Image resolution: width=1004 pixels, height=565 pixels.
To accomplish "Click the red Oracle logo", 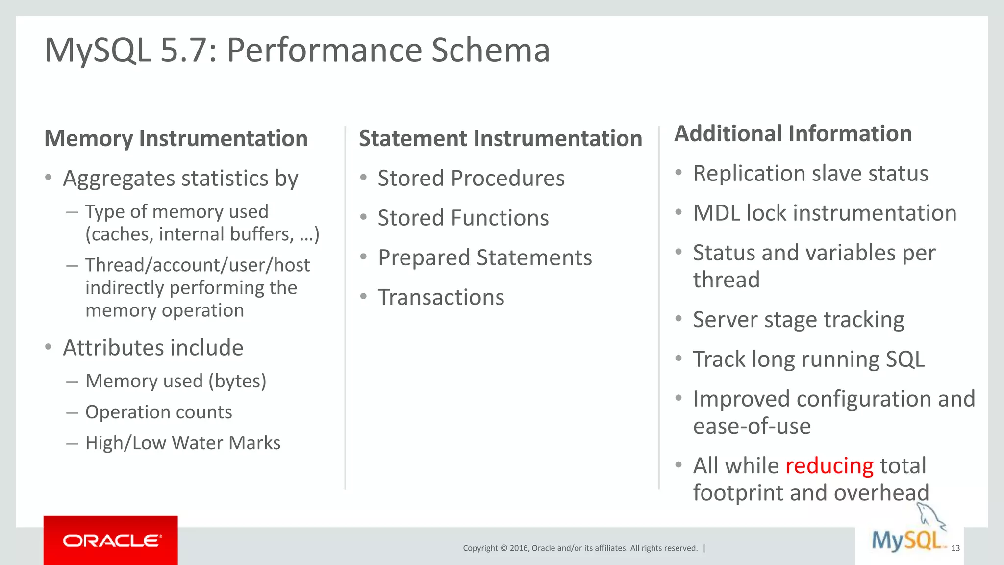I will (111, 540).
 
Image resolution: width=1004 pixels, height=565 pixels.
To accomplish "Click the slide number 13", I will (955, 548).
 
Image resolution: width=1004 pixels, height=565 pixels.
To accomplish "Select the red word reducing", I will (829, 466).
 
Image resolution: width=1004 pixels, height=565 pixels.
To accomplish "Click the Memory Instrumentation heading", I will (176, 139).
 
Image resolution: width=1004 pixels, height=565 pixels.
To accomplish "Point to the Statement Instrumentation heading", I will (500, 139).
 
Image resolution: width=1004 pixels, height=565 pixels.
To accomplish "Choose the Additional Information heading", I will (793, 134).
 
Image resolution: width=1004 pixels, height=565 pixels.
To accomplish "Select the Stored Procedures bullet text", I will (471, 178).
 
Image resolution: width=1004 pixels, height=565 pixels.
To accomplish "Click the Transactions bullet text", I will (441, 297).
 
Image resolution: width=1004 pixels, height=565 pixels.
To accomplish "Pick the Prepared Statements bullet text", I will (485, 257).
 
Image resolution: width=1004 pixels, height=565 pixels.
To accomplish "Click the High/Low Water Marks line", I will (182, 443).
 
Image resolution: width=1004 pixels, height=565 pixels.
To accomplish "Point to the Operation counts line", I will (158, 412).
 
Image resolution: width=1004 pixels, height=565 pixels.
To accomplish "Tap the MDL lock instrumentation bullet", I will (825, 213).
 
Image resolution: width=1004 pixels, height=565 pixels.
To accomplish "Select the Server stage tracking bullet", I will (798, 320).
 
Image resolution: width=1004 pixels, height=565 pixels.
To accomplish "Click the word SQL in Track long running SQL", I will (905, 360).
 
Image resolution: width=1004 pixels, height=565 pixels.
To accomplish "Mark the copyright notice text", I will (580, 548).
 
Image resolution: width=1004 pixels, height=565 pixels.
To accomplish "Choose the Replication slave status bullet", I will (810, 174).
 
